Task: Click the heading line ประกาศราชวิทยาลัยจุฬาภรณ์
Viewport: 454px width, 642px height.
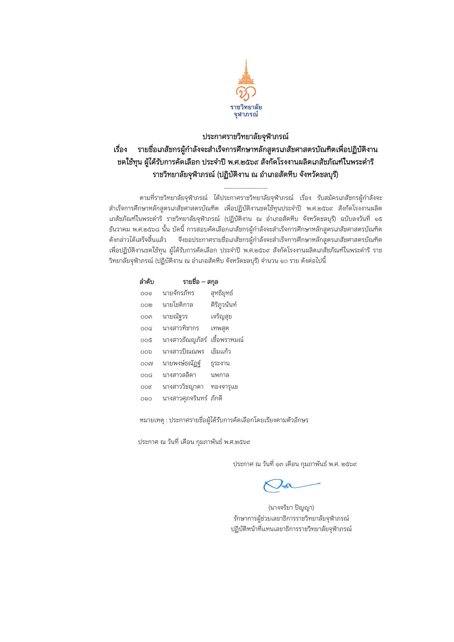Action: click(x=245, y=137)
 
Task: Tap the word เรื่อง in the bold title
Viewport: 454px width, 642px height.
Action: click(x=120, y=149)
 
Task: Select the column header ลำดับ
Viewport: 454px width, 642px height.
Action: click(x=147, y=282)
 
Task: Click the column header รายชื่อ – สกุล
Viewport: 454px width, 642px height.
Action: click(x=200, y=282)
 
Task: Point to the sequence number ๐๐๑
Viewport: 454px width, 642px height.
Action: click(x=146, y=293)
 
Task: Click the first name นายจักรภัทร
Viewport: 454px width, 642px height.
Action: click(x=178, y=293)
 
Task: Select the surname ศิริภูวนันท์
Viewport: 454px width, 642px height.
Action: click(x=224, y=305)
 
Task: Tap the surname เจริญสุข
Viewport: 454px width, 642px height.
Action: click(x=221, y=317)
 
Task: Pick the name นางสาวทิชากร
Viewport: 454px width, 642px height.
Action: click(x=181, y=328)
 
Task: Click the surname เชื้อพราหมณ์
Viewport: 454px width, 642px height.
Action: click(x=227, y=340)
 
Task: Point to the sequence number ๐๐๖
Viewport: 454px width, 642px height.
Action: click(x=146, y=352)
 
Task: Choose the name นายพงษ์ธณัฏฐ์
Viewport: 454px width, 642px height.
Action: click(x=182, y=363)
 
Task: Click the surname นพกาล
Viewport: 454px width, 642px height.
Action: click(x=220, y=375)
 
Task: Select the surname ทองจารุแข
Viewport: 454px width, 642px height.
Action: click(x=225, y=387)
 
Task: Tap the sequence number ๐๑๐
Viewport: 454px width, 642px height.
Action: click(x=146, y=399)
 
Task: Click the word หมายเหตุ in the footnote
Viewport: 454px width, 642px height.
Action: click(x=152, y=420)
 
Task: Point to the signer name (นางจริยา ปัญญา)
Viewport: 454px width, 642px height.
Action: click(x=291, y=508)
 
